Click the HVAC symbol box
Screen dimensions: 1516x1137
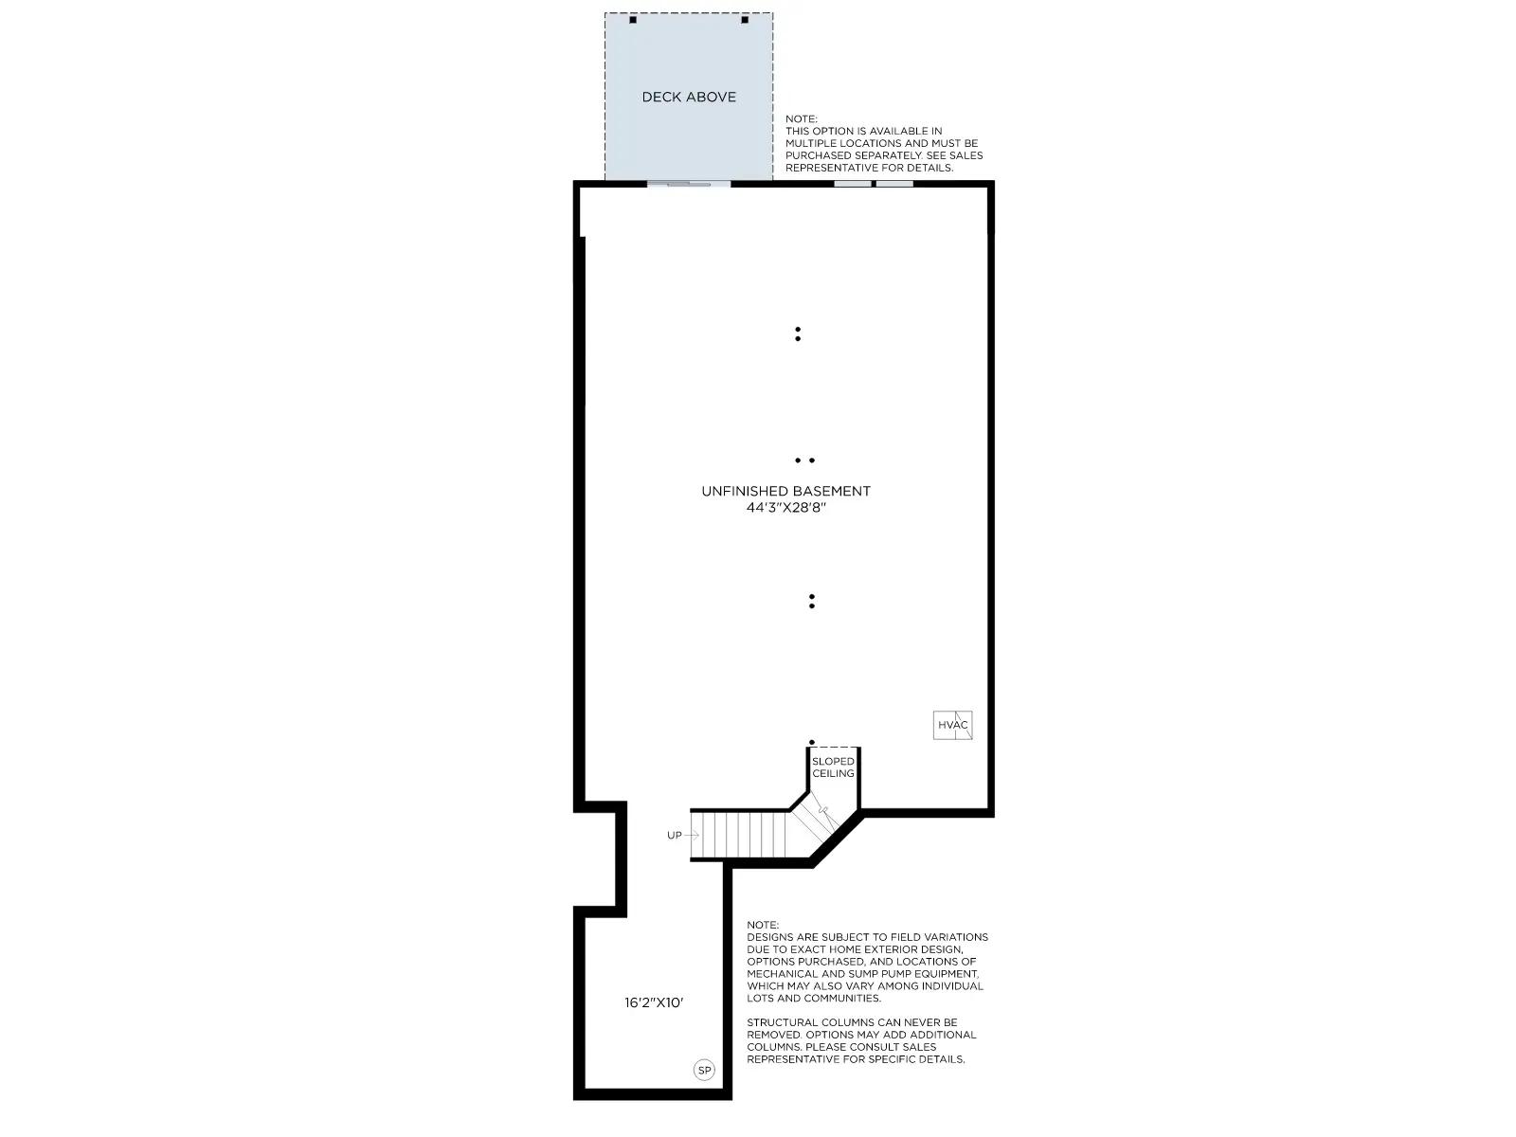click(x=952, y=725)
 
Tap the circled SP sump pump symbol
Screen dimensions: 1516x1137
click(x=704, y=1070)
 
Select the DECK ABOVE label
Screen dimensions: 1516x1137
click(x=689, y=98)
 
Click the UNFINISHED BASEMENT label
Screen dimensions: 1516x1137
click(x=786, y=491)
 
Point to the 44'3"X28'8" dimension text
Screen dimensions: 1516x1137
click(x=786, y=508)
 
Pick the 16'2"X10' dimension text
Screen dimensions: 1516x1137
click(x=654, y=1002)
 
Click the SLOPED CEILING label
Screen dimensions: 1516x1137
click(x=833, y=767)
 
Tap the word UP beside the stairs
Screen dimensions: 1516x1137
click(x=674, y=836)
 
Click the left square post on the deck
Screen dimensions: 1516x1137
click(x=633, y=20)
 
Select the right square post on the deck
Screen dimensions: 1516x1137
click(x=745, y=20)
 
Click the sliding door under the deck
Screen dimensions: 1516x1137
click(x=689, y=185)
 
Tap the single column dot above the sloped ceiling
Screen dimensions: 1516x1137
click(x=811, y=742)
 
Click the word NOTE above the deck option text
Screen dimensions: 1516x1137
click(x=802, y=119)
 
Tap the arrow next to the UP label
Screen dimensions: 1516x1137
click(x=692, y=836)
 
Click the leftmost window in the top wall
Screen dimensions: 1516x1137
click(x=853, y=185)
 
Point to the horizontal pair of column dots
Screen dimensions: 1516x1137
click(x=804, y=460)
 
